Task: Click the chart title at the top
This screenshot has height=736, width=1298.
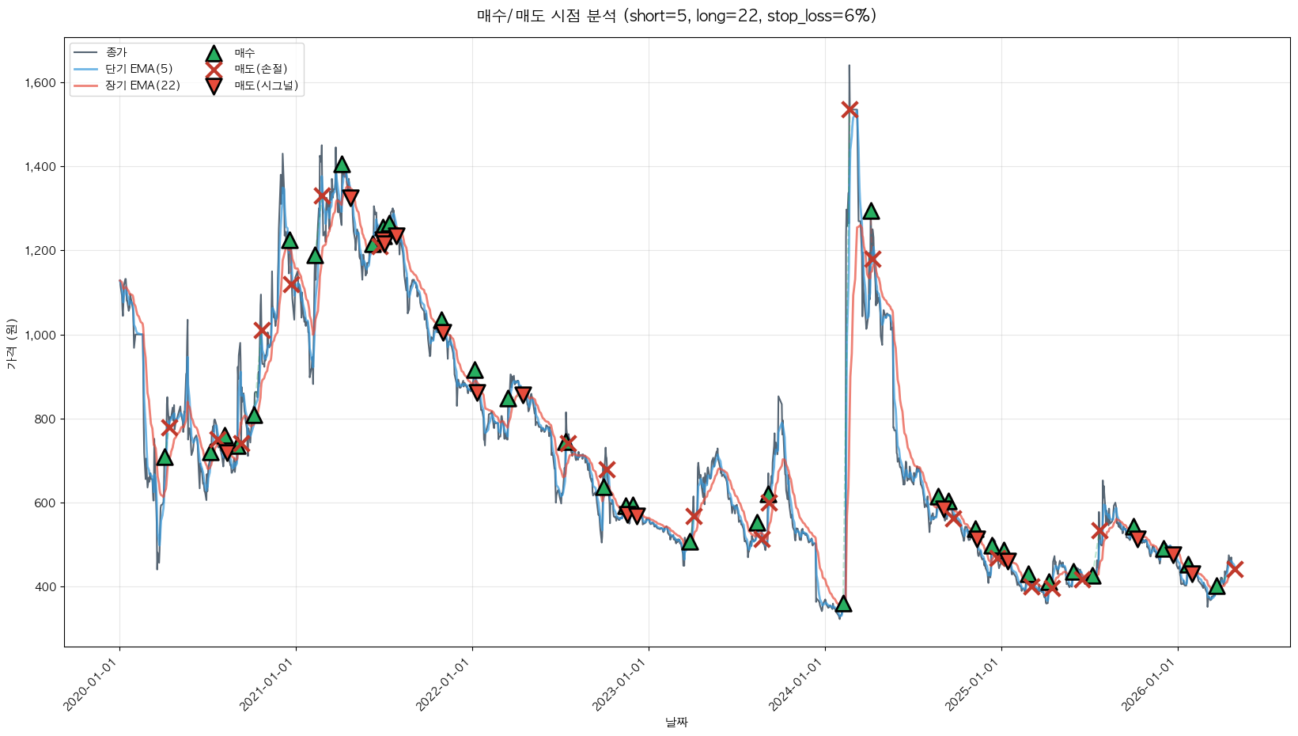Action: pyautogui.click(x=676, y=16)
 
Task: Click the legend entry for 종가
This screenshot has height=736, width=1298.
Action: pyautogui.click(x=115, y=52)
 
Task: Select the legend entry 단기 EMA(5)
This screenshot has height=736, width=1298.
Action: pyautogui.click(x=138, y=69)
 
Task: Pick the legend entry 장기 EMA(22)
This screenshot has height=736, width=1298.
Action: pyautogui.click(x=142, y=85)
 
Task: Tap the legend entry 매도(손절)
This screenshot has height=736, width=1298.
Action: pyautogui.click(x=260, y=69)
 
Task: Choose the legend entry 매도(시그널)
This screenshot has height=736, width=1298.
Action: pyautogui.click(x=266, y=85)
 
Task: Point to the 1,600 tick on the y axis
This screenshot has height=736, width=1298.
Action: pyautogui.click(x=40, y=83)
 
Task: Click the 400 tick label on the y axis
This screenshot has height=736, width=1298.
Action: pyautogui.click(x=45, y=587)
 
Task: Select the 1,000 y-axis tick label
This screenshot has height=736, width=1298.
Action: pyautogui.click(x=40, y=335)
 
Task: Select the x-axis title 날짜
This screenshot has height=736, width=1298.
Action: pyautogui.click(x=676, y=722)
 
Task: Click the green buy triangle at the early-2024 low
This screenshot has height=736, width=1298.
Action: pyautogui.click(x=843, y=603)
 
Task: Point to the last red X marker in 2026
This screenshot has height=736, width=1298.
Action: pyautogui.click(x=1235, y=570)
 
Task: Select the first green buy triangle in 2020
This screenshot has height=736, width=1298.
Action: pyautogui.click(x=165, y=457)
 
